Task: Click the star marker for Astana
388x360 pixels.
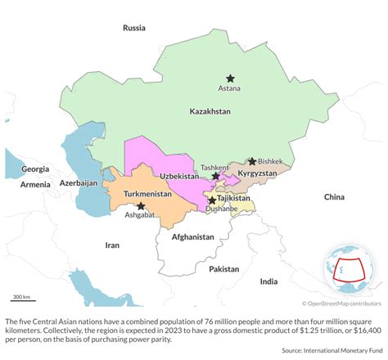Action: [230, 78]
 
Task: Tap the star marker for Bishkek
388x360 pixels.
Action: [252, 161]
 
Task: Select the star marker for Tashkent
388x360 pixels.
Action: [215, 176]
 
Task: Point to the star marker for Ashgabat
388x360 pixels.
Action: [141, 206]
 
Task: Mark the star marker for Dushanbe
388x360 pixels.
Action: [212, 200]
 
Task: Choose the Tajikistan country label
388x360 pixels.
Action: [234, 198]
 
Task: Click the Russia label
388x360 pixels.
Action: [134, 28]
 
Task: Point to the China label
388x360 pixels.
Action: [334, 197]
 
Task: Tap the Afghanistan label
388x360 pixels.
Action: [193, 236]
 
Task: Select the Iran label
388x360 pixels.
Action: [111, 244]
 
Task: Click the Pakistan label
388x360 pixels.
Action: [223, 268]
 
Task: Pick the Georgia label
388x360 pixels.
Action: [35, 169]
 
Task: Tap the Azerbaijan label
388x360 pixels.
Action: [79, 184]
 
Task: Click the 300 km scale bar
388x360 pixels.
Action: [21, 299]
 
